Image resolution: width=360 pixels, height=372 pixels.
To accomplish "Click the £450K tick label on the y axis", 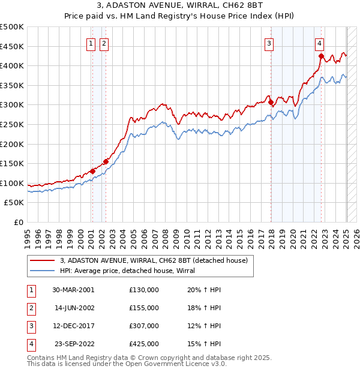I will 12,46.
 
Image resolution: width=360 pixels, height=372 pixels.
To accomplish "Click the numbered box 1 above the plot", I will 91,43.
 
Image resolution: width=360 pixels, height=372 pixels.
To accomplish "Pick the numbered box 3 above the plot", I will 269,43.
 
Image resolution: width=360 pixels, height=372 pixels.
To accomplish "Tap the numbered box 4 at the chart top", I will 320,43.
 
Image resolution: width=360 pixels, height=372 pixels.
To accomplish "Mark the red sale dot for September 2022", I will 321,56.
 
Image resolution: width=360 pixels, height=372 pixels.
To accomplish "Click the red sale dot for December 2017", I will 271,102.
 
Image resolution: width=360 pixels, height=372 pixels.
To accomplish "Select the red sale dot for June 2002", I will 106,161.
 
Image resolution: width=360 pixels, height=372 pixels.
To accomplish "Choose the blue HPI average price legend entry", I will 133,271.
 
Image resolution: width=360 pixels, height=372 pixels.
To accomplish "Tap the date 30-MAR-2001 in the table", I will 73,290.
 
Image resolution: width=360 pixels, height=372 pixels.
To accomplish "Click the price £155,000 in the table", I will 144,308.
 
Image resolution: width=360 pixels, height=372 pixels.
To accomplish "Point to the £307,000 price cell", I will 144,326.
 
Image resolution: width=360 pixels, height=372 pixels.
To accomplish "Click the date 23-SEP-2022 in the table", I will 73,344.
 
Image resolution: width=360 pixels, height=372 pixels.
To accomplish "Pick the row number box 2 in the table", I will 31,308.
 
